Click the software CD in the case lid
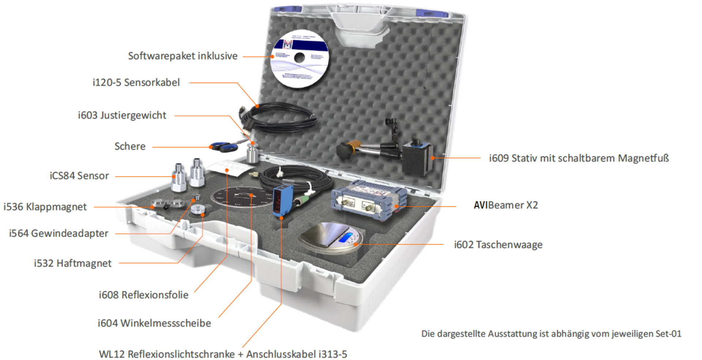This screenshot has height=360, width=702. pos(299,59)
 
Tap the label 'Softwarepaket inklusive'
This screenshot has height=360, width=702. pos(182,56)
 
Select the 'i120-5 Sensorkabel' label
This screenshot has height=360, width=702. pos(136,82)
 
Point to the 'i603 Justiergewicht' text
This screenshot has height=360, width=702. pos(122,115)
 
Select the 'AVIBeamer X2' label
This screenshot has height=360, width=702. pos(506,205)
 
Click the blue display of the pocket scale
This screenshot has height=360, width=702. pos(345,237)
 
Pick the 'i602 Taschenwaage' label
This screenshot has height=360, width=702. pos(498,244)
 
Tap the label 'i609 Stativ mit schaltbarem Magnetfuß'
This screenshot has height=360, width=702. pos(579,158)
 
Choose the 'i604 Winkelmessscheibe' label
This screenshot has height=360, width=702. pos(154,323)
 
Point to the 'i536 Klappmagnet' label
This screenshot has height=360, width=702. pos(45,207)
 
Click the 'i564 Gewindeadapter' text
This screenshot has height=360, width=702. pos(58,233)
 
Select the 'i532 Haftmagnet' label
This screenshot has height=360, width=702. pos(72,263)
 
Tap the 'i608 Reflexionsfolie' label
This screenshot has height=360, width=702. pos(143,295)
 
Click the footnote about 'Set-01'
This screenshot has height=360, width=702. pos(551,334)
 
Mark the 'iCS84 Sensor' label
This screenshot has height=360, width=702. pos(79,176)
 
